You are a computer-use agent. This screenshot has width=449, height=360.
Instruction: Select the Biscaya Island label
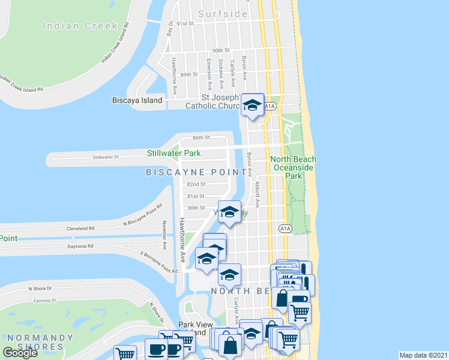(x=137, y=100)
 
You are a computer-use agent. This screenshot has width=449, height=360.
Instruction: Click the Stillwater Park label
(x=174, y=154)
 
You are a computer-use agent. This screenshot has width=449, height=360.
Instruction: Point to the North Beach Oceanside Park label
(x=293, y=167)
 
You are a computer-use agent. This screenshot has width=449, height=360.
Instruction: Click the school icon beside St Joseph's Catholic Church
(x=253, y=106)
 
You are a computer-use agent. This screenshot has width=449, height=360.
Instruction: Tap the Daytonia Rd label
(x=82, y=246)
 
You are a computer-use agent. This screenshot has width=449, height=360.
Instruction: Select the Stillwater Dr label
(x=106, y=157)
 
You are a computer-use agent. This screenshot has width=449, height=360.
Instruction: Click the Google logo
(x=20, y=353)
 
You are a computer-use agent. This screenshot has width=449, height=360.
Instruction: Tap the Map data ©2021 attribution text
(x=423, y=355)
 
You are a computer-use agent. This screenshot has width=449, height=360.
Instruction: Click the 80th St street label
(x=196, y=208)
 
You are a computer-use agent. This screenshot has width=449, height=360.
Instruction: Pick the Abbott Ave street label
(x=258, y=194)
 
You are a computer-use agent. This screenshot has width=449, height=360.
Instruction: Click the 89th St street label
(x=189, y=74)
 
